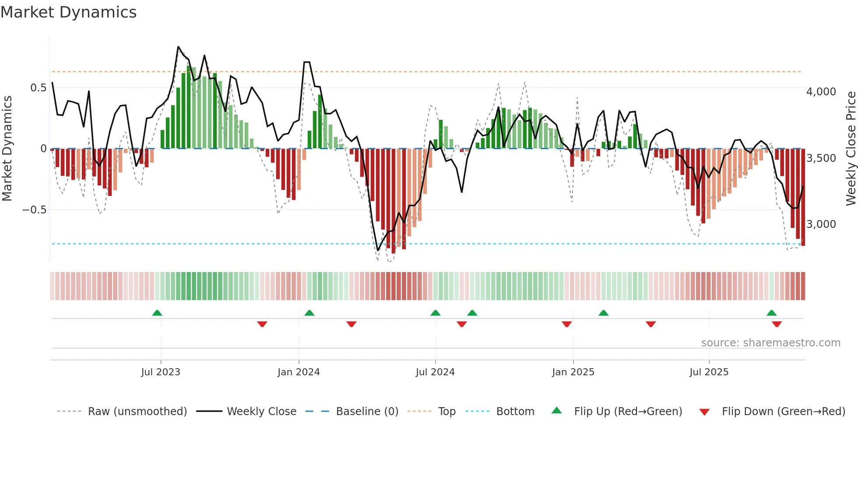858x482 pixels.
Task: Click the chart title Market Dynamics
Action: (68, 12)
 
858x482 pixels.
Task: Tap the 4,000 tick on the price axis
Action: (821, 92)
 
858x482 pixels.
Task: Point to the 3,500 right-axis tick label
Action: (821, 158)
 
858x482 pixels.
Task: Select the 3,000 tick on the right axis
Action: (821, 224)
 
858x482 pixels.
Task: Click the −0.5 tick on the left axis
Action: (34, 210)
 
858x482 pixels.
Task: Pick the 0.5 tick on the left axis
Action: (38, 88)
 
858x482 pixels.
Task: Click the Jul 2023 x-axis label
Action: (161, 372)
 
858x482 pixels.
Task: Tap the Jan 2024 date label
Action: (299, 372)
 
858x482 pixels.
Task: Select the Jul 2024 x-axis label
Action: (435, 372)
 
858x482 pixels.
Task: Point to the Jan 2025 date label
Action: (573, 372)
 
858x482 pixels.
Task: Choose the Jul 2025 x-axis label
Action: (709, 372)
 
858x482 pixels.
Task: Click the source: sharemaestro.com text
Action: (770, 343)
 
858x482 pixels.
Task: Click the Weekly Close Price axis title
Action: (851, 148)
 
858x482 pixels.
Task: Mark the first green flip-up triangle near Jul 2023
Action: (157, 313)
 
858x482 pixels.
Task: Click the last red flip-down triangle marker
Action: (777, 324)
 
